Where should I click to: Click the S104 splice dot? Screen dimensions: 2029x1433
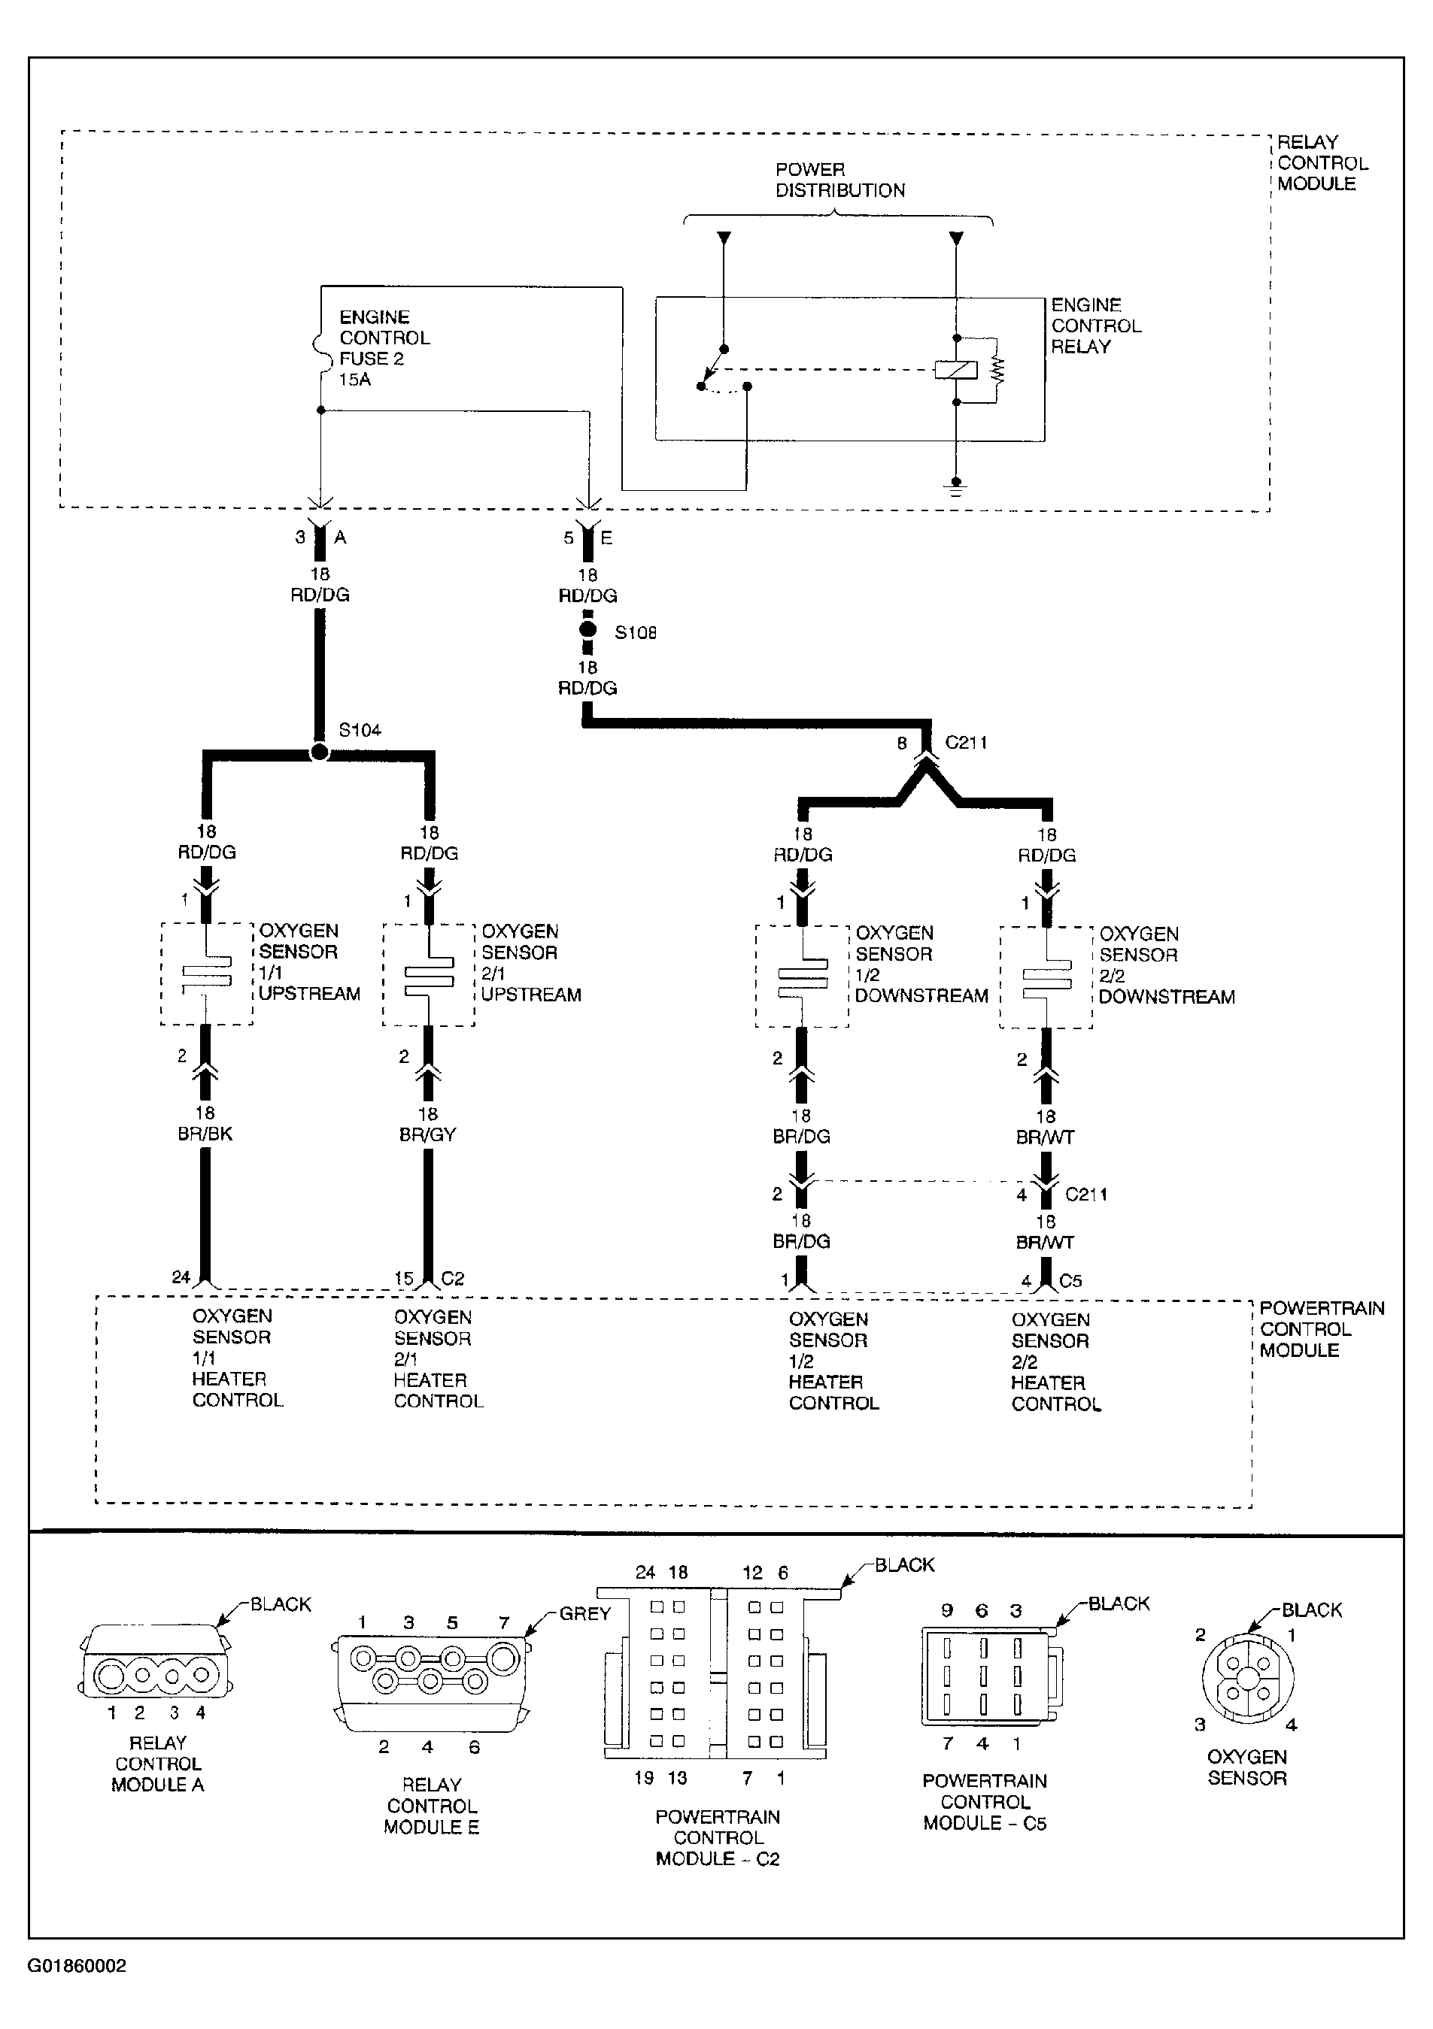coord(319,752)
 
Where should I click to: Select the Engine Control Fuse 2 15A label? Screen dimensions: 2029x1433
coord(384,348)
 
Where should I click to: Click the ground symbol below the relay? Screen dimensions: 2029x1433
coord(955,487)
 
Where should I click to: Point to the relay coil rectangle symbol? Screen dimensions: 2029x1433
coord(955,369)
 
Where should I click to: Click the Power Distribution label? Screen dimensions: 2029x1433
coord(839,180)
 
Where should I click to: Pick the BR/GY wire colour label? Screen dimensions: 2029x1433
coord(427,1134)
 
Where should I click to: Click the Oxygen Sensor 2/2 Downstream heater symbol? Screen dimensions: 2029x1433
coord(1046,977)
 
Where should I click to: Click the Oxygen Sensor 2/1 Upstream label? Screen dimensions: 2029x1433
coord(530,963)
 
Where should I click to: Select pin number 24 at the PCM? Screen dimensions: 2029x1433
coord(181,1277)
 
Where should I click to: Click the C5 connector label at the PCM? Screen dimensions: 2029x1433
coord(1070,1280)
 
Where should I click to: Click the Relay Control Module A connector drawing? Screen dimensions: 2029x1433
coord(156,1662)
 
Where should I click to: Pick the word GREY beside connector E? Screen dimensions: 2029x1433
coord(584,1614)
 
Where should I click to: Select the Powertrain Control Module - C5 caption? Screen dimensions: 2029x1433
coord(984,1802)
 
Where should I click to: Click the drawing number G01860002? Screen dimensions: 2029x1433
coord(77,1967)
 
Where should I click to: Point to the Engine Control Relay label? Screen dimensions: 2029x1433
coord(1095,326)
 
